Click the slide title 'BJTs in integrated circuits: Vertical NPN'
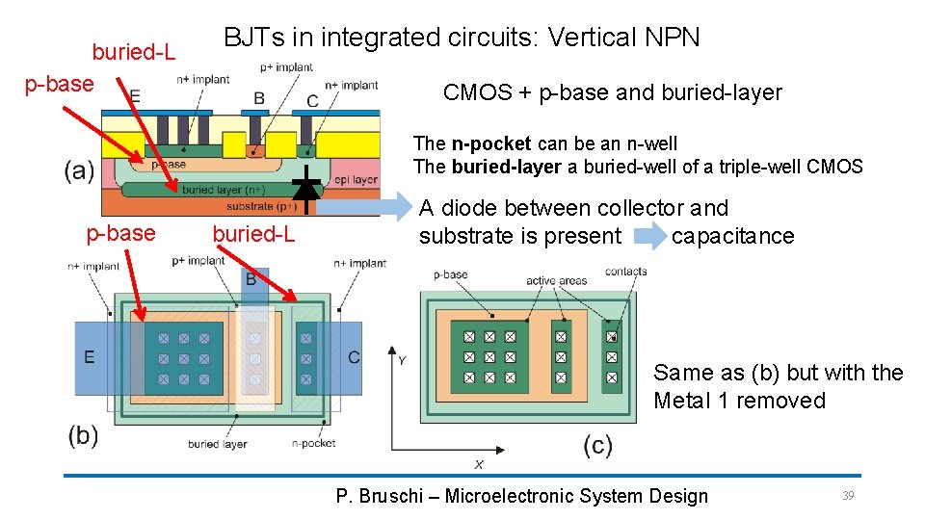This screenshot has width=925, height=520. (x=462, y=38)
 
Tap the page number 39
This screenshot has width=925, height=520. (x=848, y=495)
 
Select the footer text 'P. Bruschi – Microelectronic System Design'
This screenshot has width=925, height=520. (x=521, y=496)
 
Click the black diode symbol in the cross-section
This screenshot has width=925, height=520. (x=306, y=185)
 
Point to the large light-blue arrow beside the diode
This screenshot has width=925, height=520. (x=366, y=205)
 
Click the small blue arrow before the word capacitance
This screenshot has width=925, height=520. (x=647, y=236)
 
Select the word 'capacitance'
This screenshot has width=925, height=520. (x=732, y=236)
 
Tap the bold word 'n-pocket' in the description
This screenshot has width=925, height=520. (x=491, y=143)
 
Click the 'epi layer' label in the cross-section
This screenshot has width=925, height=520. (x=357, y=180)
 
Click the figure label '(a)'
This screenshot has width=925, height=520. (x=79, y=171)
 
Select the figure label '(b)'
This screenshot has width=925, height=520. (x=83, y=435)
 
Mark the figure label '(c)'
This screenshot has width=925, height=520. (x=597, y=445)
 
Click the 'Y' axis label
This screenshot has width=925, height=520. (x=402, y=360)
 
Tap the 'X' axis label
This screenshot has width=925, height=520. (x=479, y=464)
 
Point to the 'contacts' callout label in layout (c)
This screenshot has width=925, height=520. (x=626, y=272)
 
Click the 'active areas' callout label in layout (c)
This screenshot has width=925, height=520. (x=556, y=281)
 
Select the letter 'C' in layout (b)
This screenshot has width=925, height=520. (x=354, y=357)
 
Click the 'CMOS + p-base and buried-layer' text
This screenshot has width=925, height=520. (x=612, y=92)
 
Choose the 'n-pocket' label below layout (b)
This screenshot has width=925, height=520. (x=313, y=443)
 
